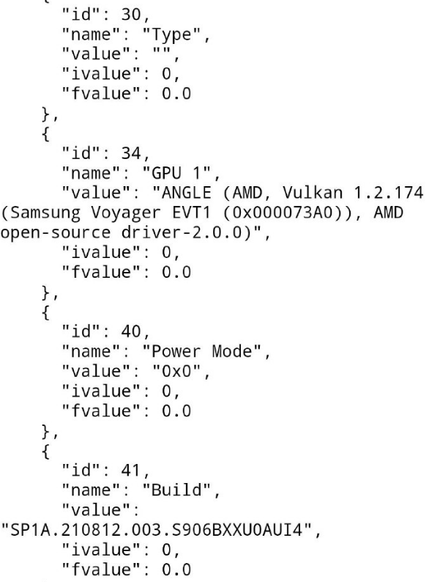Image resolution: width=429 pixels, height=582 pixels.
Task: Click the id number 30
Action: click(131, 15)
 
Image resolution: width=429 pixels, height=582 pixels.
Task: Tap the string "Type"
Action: click(172, 34)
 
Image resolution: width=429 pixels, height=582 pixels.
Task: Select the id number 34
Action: click(131, 153)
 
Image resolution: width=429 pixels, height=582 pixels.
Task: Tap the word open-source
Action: click(55, 232)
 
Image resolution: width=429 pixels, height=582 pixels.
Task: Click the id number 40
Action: click(131, 331)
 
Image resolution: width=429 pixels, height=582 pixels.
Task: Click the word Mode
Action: click(232, 351)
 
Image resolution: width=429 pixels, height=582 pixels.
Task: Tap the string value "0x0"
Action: click(176, 371)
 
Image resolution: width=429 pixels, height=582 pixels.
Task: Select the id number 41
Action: click(130, 471)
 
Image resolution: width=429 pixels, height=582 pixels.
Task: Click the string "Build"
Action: click(176, 490)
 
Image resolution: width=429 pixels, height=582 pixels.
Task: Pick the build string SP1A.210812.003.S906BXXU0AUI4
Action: click(156, 530)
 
